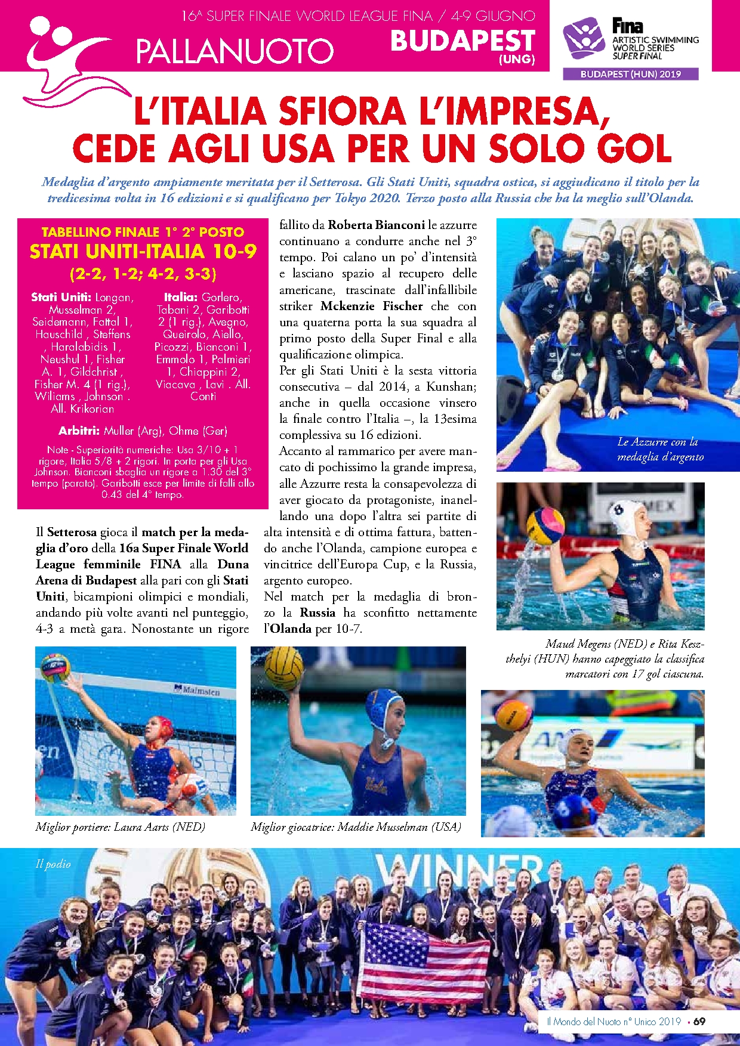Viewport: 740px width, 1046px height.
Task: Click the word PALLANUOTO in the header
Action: [x=235, y=51]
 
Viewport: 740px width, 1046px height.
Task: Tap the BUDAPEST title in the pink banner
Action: [x=462, y=41]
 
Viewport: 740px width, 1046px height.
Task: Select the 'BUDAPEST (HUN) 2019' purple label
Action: [x=631, y=74]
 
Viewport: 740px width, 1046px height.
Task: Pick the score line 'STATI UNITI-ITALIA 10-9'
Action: [x=143, y=252]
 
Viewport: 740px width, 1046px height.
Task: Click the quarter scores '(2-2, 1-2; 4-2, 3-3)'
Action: [x=143, y=274]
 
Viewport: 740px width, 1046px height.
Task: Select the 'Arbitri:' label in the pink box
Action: [x=79, y=431]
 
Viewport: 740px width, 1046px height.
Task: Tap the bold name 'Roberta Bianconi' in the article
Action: [x=376, y=225]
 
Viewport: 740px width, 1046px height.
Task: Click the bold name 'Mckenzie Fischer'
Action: [x=371, y=306]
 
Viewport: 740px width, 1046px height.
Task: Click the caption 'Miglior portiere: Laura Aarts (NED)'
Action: [x=120, y=827]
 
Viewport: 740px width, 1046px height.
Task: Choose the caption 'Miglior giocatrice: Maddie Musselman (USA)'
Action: [x=356, y=827]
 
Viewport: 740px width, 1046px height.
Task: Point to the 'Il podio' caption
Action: [x=53, y=864]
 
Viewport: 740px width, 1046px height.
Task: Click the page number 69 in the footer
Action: [x=699, y=1021]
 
